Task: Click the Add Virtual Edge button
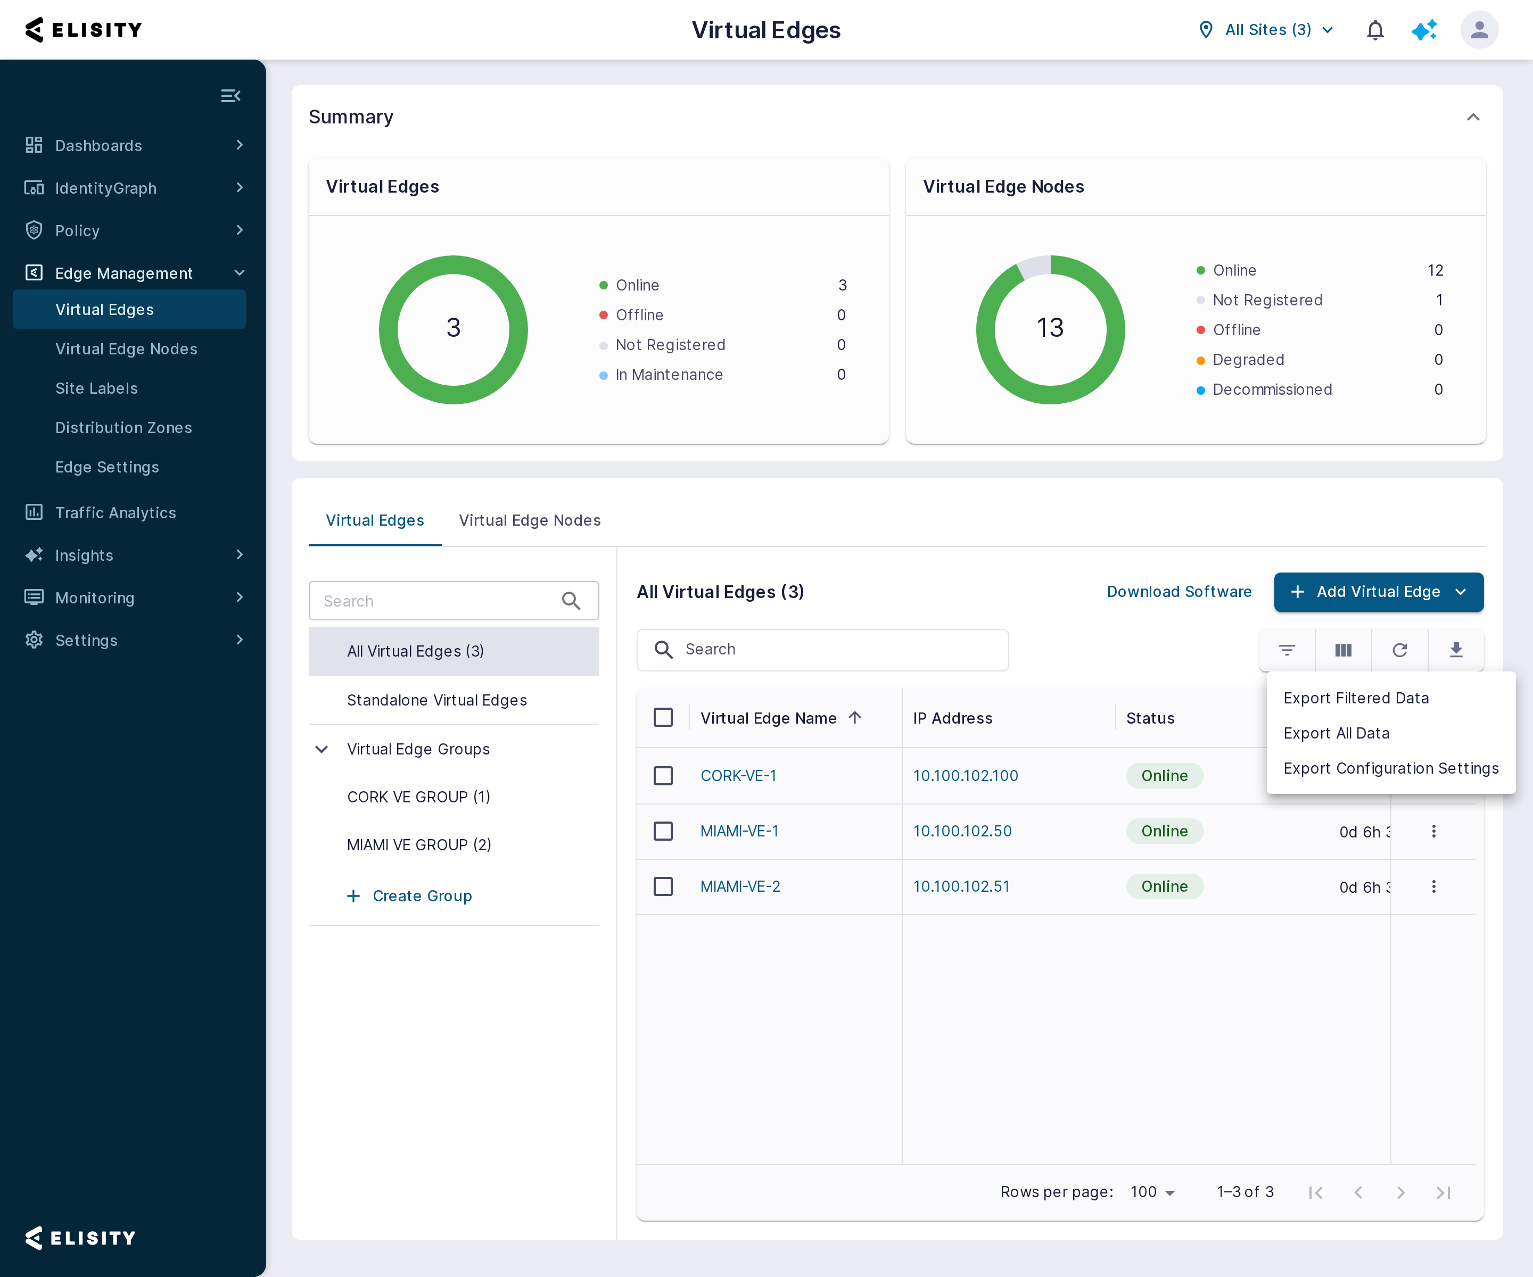tap(1378, 592)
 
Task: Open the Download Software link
tap(1179, 592)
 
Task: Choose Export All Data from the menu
tap(1336, 733)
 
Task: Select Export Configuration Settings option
tap(1391, 768)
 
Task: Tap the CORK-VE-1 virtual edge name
tap(738, 776)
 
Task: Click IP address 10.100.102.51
tap(961, 886)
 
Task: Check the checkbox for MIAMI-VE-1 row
tap(663, 831)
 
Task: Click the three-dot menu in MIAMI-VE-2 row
tap(1433, 886)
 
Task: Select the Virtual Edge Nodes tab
tap(529, 520)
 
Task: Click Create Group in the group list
tap(422, 896)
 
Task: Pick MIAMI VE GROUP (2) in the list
tap(419, 845)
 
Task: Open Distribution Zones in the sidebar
tap(123, 428)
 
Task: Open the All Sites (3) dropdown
tap(1266, 30)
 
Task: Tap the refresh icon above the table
tap(1399, 650)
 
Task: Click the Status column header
tap(1150, 718)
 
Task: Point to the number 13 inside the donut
tap(1050, 328)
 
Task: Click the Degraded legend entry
tap(1248, 360)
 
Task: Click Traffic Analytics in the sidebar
tap(116, 513)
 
